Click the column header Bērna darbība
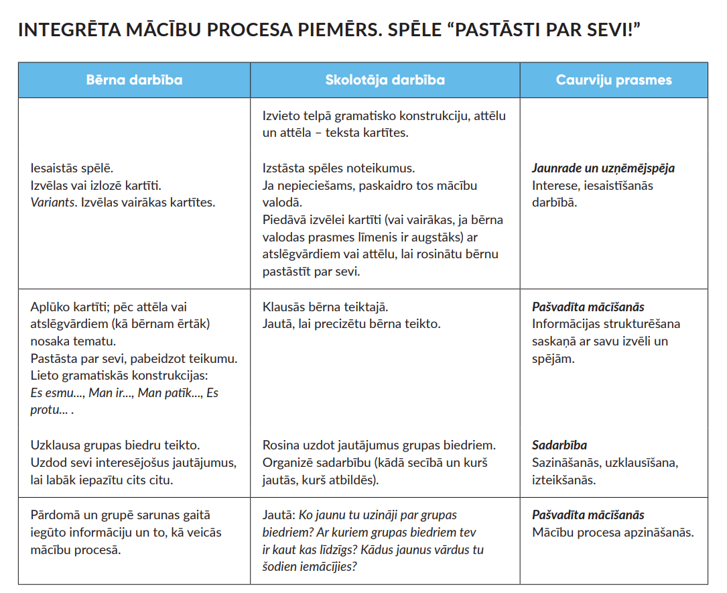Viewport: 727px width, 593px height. click(134, 80)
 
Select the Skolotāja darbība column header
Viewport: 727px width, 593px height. click(385, 80)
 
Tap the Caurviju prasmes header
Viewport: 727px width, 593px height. click(614, 80)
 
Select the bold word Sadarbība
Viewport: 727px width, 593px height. click(559, 445)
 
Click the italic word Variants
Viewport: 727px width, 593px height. click(54, 202)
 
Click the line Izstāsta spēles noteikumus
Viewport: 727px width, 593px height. click(338, 168)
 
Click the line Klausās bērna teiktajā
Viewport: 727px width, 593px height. click(326, 307)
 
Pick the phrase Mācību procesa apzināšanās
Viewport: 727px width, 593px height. click(612, 533)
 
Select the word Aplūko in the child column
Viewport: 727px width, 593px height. click(50, 307)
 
